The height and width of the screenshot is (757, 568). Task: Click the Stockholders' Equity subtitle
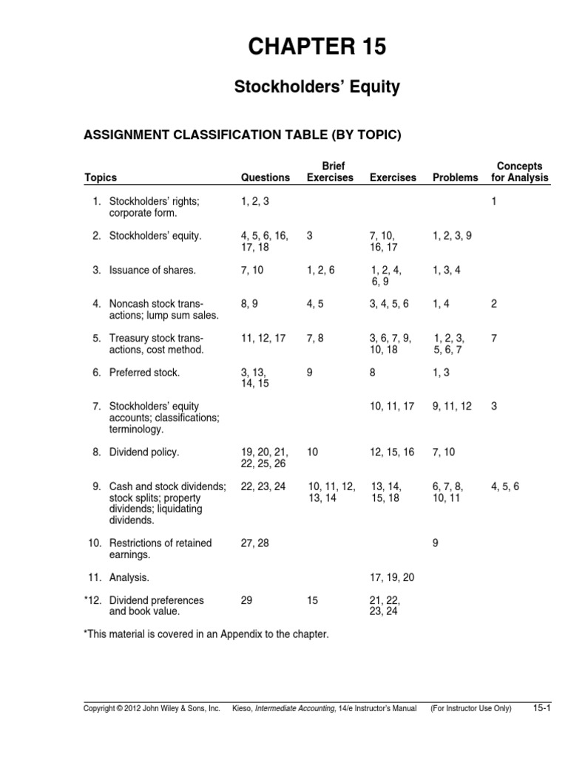[317, 87]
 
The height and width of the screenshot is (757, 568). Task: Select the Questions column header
[266, 177]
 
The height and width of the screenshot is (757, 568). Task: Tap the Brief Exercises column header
[330, 172]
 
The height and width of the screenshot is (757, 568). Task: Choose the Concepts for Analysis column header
[520, 172]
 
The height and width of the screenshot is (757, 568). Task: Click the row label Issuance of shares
[152, 270]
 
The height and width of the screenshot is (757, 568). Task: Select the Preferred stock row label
[144, 373]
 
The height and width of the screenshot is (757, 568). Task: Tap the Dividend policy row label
[144, 452]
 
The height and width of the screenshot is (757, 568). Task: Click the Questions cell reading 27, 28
[255, 543]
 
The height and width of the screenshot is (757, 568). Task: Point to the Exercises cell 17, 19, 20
[392, 577]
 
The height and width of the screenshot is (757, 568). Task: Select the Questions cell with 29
[247, 600]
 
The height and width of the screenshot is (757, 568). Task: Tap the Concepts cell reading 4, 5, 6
[505, 486]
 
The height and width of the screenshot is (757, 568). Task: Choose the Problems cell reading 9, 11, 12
[452, 406]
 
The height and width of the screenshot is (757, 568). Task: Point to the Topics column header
[101, 177]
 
